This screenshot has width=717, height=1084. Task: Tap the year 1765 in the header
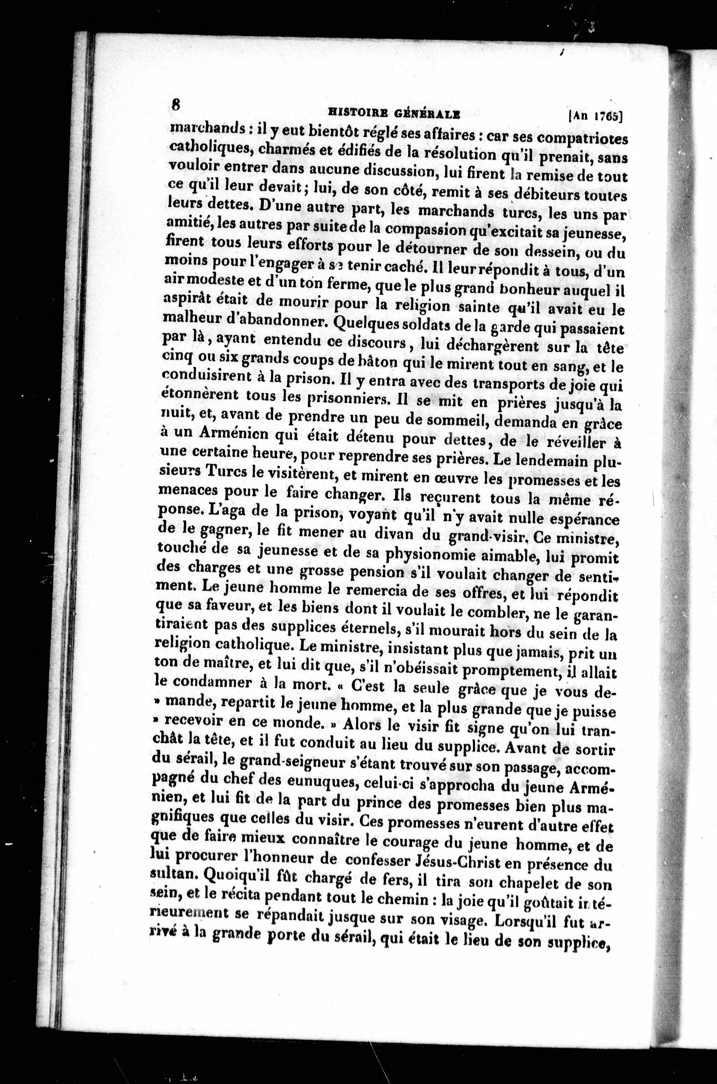coord(605,116)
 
